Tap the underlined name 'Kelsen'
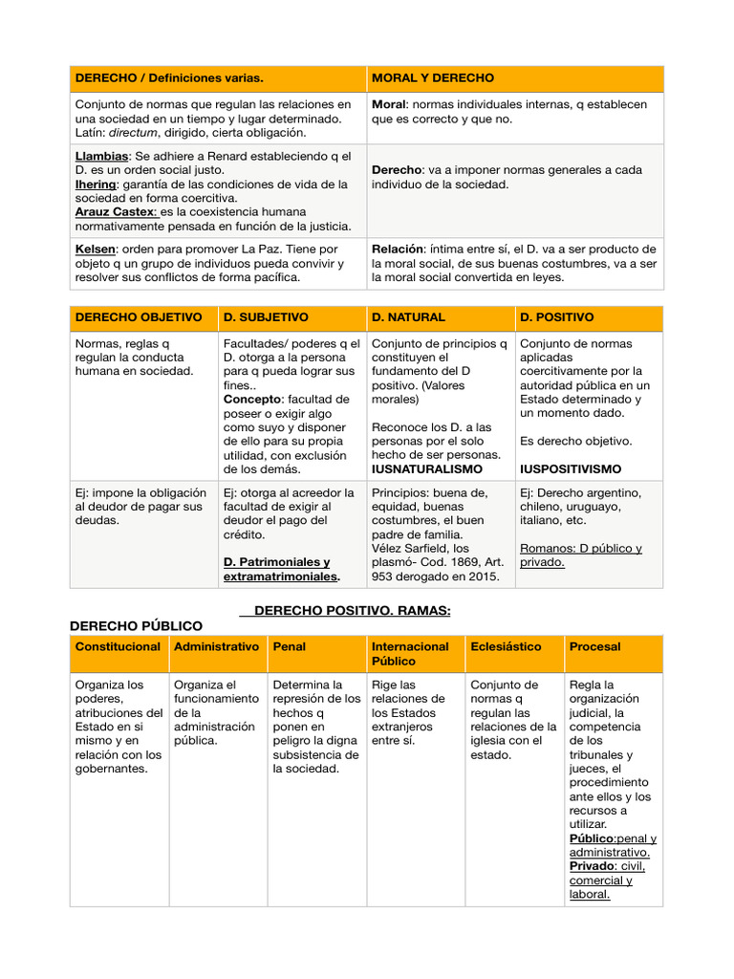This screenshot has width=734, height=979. [96, 250]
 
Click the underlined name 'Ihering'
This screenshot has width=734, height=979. [96, 184]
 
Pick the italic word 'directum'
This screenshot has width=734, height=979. [138, 132]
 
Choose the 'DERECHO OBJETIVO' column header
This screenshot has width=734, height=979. [139, 317]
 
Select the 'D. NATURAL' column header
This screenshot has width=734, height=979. [408, 317]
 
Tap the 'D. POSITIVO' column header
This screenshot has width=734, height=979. [556, 317]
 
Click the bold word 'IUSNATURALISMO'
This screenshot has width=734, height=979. [426, 469]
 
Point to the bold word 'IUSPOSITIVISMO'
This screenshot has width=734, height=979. [571, 469]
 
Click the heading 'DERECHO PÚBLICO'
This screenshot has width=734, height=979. [137, 625]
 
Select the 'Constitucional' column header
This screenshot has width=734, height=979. [118, 647]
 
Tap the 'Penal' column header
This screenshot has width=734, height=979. [290, 647]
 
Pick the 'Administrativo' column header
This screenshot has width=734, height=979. [216, 647]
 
